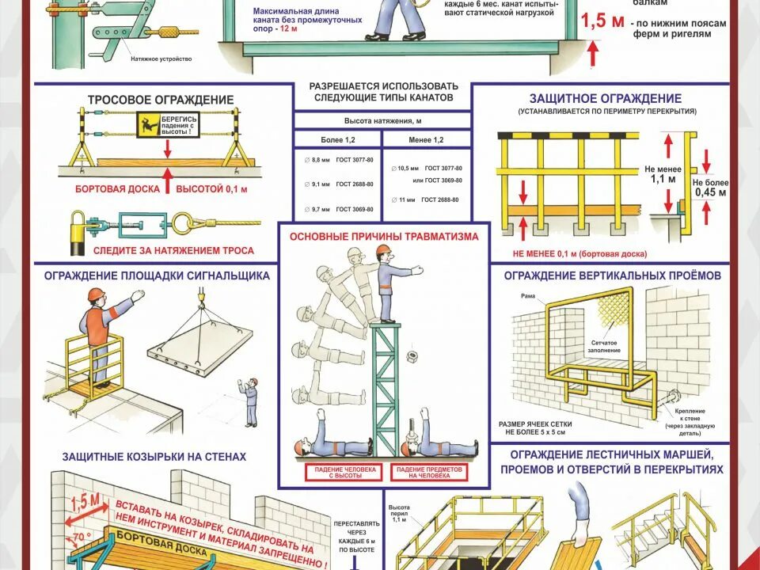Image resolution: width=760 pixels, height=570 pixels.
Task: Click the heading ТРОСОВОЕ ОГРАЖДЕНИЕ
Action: click(161, 100)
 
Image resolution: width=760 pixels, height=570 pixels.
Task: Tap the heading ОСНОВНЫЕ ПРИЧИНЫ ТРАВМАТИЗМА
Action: click(384, 236)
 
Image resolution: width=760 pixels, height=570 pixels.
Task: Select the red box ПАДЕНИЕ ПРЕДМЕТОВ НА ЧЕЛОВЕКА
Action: click(428, 473)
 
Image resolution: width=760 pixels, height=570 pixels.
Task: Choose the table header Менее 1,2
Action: click(427, 139)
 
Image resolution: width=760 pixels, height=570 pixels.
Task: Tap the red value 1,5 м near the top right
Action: click(602, 21)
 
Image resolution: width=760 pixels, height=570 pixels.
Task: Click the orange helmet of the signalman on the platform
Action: click(95, 294)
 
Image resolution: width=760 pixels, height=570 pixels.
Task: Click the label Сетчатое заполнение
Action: click(605, 346)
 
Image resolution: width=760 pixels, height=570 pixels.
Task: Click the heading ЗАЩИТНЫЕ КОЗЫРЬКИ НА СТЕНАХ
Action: click(154, 457)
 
